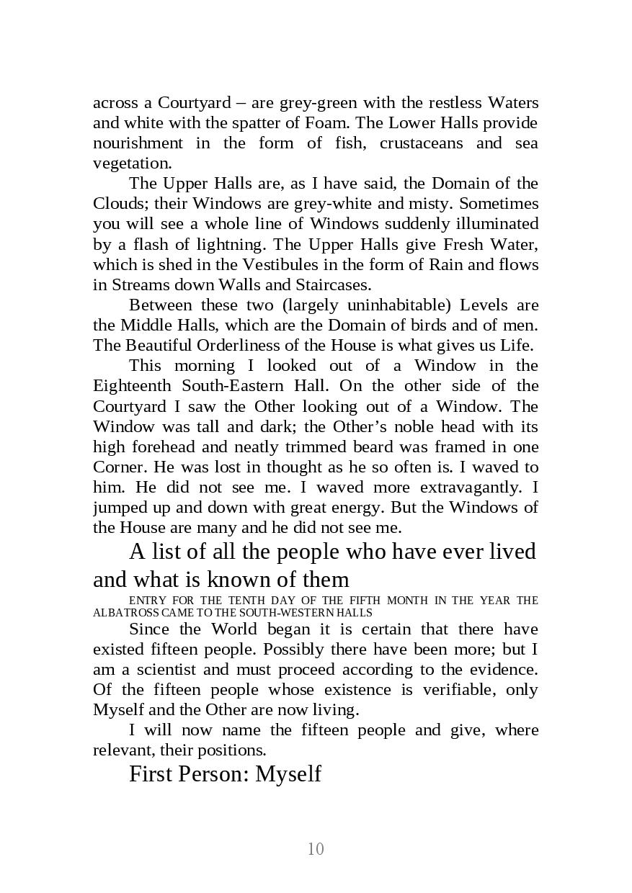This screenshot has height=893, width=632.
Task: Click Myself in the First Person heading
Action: pos(288,773)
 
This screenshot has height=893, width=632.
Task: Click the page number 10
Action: pos(316,849)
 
